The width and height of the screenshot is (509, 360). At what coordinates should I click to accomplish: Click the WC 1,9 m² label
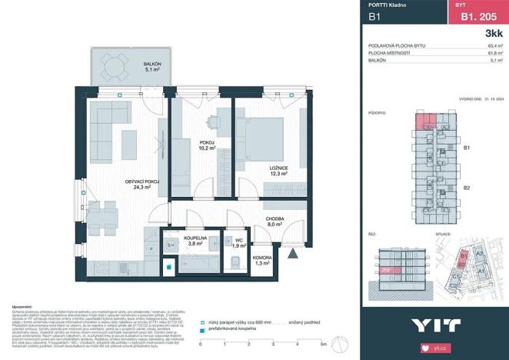pos(240,242)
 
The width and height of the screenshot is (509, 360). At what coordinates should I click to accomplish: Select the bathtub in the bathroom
pos(196,265)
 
